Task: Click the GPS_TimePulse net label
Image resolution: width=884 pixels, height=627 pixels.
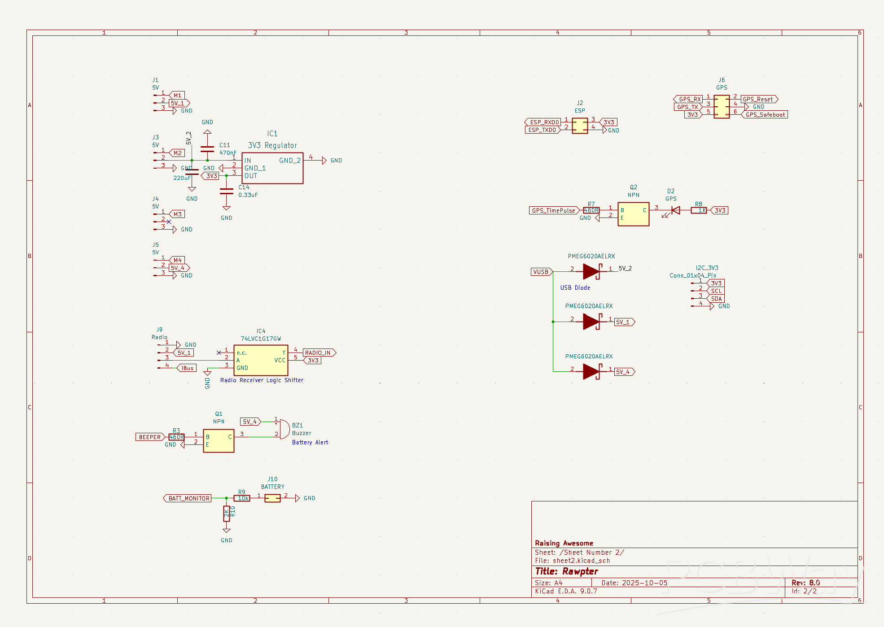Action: [553, 210]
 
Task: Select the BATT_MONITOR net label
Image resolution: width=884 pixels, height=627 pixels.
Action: [188, 498]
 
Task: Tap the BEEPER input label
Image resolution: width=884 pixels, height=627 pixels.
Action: [150, 437]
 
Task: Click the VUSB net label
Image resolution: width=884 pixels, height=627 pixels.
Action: [541, 272]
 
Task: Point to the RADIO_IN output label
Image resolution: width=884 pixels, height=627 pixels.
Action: [319, 353]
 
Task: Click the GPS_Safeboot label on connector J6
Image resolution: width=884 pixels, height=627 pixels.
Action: [765, 115]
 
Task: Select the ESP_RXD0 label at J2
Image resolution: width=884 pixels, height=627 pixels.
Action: [544, 122]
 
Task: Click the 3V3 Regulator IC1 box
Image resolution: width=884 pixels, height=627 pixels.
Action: [272, 168]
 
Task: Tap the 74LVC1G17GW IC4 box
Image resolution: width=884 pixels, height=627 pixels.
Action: [261, 360]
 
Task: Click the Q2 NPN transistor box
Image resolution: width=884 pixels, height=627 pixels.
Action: [633, 214]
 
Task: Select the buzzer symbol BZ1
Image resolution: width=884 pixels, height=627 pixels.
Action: [284, 429]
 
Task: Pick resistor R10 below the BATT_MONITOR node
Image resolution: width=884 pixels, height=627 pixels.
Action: [227, 514]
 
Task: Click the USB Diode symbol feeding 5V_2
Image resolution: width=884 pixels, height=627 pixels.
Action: [591, 271]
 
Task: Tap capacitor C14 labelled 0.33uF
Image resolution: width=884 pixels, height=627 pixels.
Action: [227, 192]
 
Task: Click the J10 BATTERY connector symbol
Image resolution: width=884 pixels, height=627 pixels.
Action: [272, 498]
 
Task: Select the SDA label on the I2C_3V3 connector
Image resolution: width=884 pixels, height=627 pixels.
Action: [717, 299]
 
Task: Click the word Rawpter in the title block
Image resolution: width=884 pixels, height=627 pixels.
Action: [580, 571]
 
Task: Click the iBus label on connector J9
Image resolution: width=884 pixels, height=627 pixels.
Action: [188, 368]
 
